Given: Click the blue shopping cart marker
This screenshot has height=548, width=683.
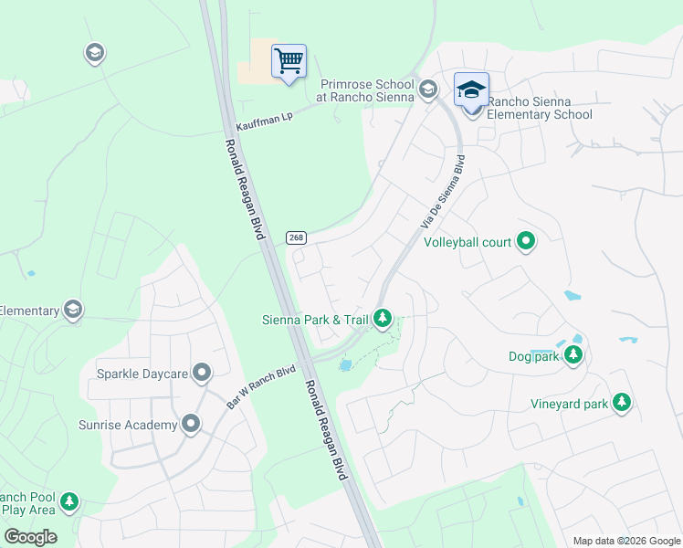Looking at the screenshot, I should pos(289,62).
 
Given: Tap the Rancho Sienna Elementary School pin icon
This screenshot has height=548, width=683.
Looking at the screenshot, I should pos(471,90).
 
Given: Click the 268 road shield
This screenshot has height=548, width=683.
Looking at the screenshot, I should pos(295,237).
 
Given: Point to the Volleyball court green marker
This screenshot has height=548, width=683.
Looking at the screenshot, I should pos(526,242).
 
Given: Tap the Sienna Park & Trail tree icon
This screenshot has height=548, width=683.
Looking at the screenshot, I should pos(384,319).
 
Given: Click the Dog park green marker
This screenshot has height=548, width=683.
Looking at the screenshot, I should pos(573,355).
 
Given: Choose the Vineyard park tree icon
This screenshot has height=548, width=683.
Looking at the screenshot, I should pos(622,403).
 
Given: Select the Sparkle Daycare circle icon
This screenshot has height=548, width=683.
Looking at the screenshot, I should pos(202,374).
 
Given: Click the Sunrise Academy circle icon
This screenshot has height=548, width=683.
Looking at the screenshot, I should pos(191,425).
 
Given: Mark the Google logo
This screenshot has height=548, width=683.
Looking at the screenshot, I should pos(30,537).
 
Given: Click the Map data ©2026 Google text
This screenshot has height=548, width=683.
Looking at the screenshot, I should pos(626,541).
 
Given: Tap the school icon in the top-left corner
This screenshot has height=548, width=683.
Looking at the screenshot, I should pos(94,53).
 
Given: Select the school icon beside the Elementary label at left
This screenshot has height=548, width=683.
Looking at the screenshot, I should pos(72,311).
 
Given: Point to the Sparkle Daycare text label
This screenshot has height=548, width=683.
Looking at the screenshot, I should pos(142,374).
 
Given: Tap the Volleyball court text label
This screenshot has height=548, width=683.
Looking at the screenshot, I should pos(468,242).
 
